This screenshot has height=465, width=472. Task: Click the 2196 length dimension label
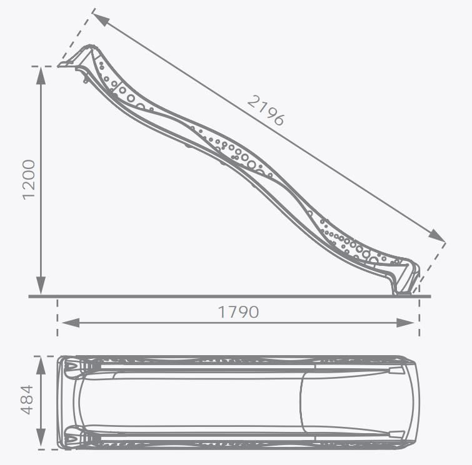click(266, 110)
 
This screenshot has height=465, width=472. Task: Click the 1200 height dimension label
click(29, 180)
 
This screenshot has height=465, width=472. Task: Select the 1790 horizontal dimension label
click(238, 312)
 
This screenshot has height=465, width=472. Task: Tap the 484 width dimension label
click(27, 399)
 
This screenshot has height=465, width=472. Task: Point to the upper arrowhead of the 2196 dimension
click(101, 18)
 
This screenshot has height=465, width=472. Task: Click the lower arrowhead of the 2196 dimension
click(436, 235)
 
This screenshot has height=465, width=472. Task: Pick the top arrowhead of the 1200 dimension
click(41, 76)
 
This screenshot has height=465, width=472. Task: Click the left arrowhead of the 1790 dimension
click(71, 323)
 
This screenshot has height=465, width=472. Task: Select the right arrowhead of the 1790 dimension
click(406, 323)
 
